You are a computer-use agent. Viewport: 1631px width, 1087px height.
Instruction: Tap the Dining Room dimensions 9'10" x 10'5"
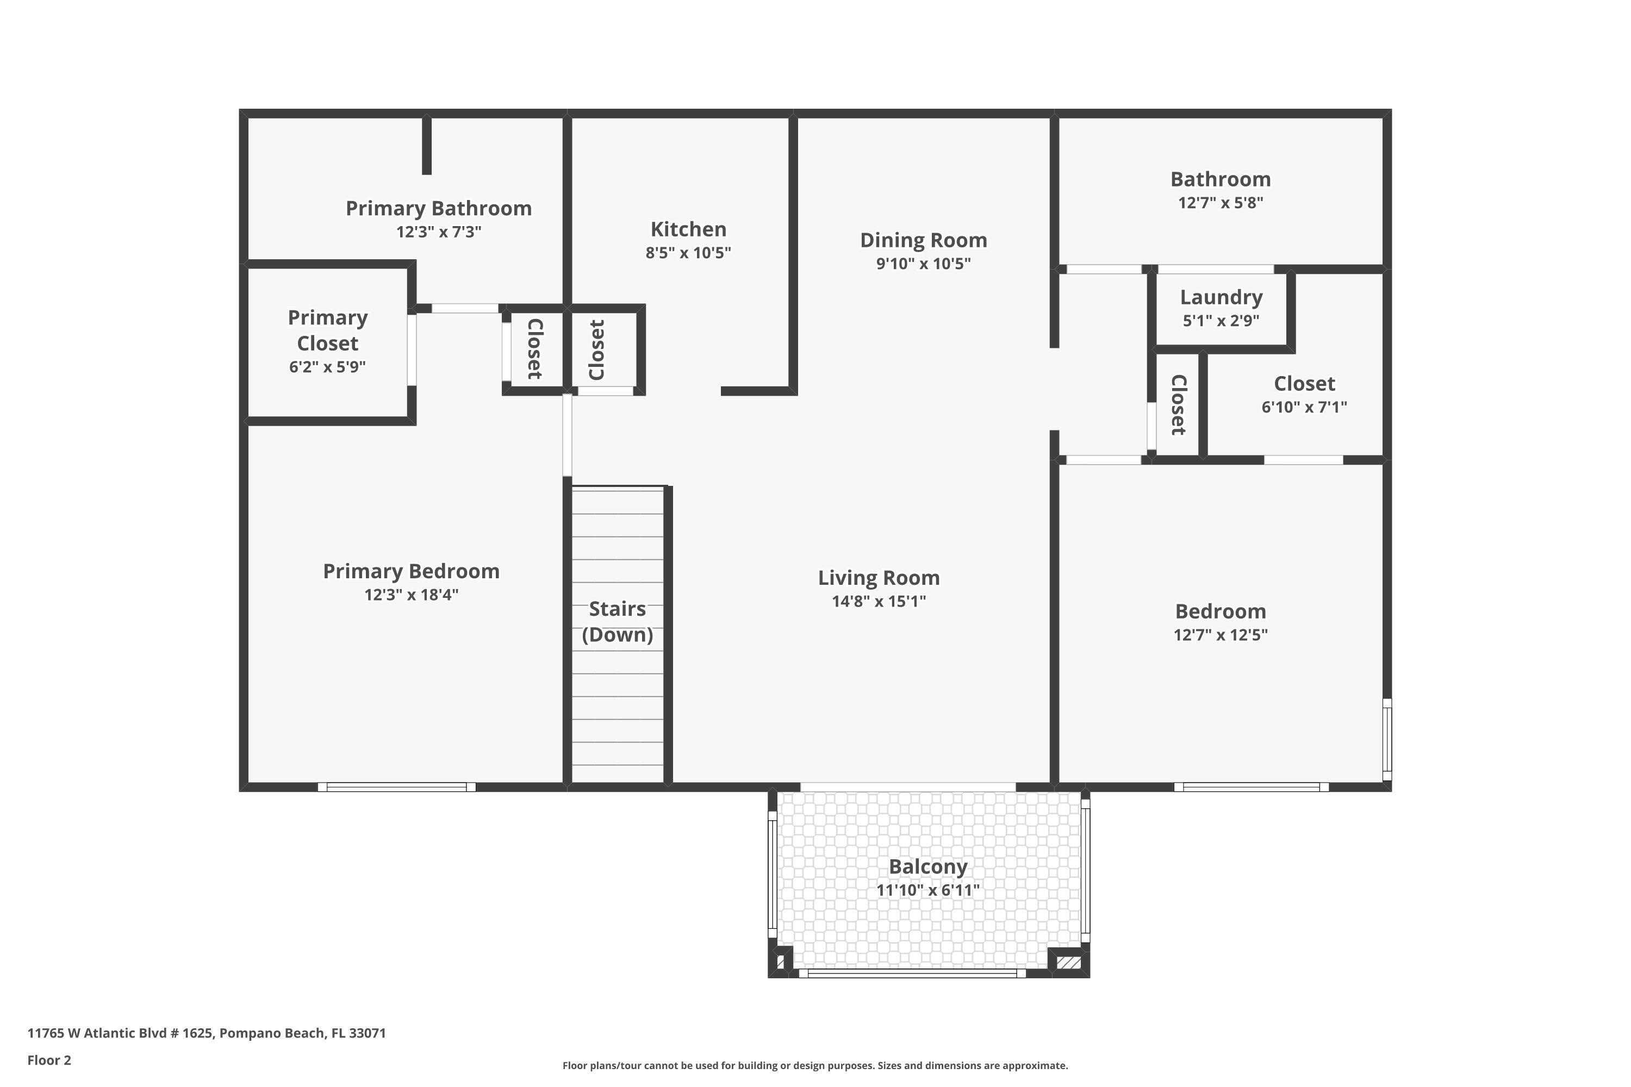923,264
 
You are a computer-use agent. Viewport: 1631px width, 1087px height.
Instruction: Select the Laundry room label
1221,297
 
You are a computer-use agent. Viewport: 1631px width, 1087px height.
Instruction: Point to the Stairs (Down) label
617,622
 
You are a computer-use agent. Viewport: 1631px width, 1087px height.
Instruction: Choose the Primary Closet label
327,330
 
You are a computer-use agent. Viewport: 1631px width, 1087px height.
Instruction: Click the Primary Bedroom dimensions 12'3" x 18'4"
411,595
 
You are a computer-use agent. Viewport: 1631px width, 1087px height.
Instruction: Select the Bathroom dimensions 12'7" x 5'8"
1221,203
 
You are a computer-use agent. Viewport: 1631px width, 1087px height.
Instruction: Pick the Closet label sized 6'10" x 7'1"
1304,384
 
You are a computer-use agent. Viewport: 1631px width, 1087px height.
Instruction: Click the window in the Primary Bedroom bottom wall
397,787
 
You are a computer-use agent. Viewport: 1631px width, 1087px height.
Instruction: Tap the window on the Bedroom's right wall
1387,739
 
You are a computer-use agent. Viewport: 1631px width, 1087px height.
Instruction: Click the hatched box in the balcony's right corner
1068,963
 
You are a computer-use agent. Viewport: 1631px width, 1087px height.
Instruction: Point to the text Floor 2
49,1060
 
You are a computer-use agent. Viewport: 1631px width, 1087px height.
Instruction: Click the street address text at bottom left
207,1033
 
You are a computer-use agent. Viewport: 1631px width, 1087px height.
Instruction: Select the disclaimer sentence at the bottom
815,1065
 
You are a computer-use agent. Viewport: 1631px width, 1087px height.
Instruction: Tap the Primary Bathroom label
438,209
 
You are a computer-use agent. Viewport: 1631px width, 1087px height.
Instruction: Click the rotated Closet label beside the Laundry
1178,405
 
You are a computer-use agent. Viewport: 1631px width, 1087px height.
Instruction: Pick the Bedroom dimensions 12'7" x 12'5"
1221,635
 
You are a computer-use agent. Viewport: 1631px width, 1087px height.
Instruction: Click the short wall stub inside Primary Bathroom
427,146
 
